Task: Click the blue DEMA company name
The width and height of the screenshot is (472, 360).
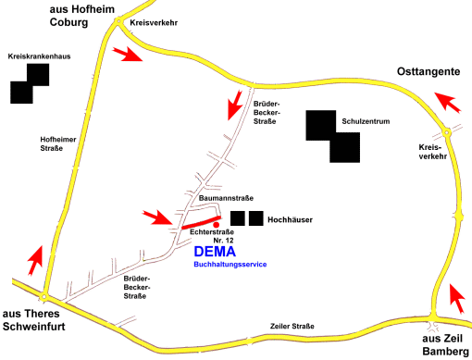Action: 215,251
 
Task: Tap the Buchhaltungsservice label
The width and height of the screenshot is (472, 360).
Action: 230,265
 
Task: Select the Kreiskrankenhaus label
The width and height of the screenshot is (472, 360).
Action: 39,56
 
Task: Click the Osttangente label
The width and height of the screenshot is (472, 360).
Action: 428,71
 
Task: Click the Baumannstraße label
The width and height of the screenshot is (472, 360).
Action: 227,198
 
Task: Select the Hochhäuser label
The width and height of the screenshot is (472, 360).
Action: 290,219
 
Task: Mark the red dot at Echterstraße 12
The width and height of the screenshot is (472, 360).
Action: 215,224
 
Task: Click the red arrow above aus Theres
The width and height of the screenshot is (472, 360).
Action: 34,258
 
